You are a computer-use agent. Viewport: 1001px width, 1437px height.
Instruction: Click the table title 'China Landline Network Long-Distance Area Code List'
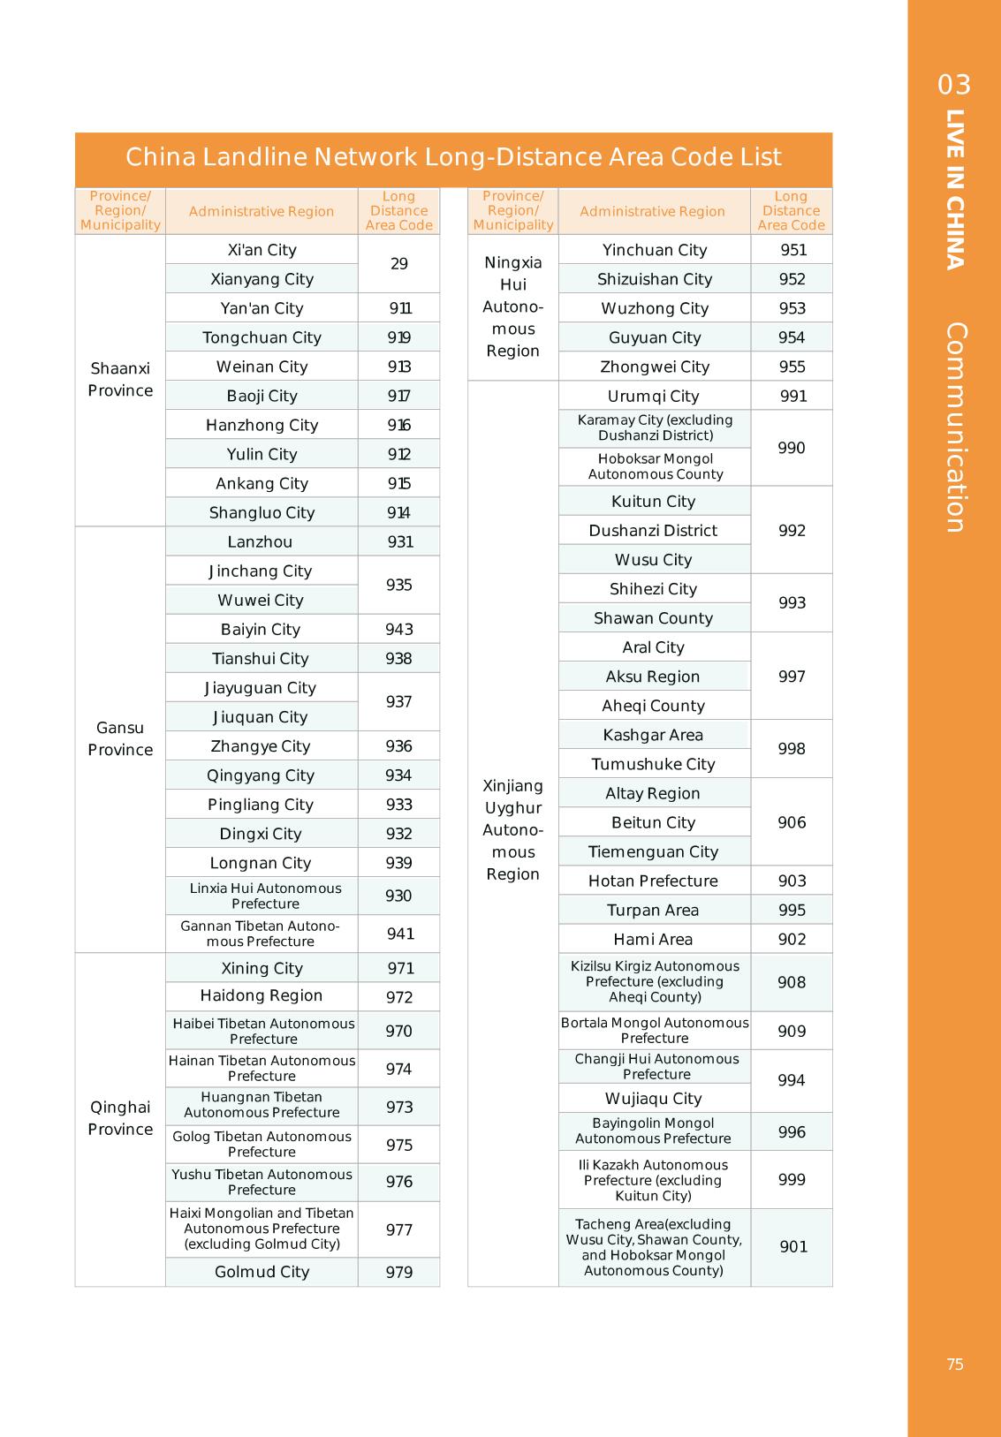coord(453,157)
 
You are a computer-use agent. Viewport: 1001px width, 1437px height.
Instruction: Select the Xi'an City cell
coord(262,250)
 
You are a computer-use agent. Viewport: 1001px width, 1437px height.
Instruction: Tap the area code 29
coord(398,264)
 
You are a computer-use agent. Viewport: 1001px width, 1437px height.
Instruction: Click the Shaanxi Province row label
coord(120,380)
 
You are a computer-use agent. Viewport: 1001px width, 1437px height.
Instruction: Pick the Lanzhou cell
coord(260,541)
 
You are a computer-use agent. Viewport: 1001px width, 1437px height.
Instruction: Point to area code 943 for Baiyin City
coord(398,629)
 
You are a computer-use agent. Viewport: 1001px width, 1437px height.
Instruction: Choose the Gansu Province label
coord(120,739)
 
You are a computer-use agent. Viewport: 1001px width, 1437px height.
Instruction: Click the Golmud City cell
coord(262,1272)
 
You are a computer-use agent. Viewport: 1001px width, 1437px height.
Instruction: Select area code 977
coord(398,1229)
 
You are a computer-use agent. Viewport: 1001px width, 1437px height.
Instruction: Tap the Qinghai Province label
coord(120,1118)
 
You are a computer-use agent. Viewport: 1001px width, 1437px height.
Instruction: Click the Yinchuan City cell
coord(655,250)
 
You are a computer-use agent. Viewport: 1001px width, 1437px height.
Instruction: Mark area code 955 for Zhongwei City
coord(792,367)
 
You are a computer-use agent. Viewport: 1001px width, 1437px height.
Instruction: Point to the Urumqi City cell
coord(653,396)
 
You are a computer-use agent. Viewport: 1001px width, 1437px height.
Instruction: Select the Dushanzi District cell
coord(653,530)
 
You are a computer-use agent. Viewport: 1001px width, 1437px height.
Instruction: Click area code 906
coord(792,822)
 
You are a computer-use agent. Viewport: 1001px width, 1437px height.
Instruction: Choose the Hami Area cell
coord(653,939)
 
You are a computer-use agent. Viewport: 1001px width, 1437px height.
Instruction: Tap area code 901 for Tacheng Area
coord(793,1246)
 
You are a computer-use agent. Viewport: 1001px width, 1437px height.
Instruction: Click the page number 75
coord(955,1365)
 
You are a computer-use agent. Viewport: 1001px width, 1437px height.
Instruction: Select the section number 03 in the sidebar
coord(954,85)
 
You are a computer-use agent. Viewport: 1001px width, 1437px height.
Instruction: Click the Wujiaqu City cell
coord(653,1099)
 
